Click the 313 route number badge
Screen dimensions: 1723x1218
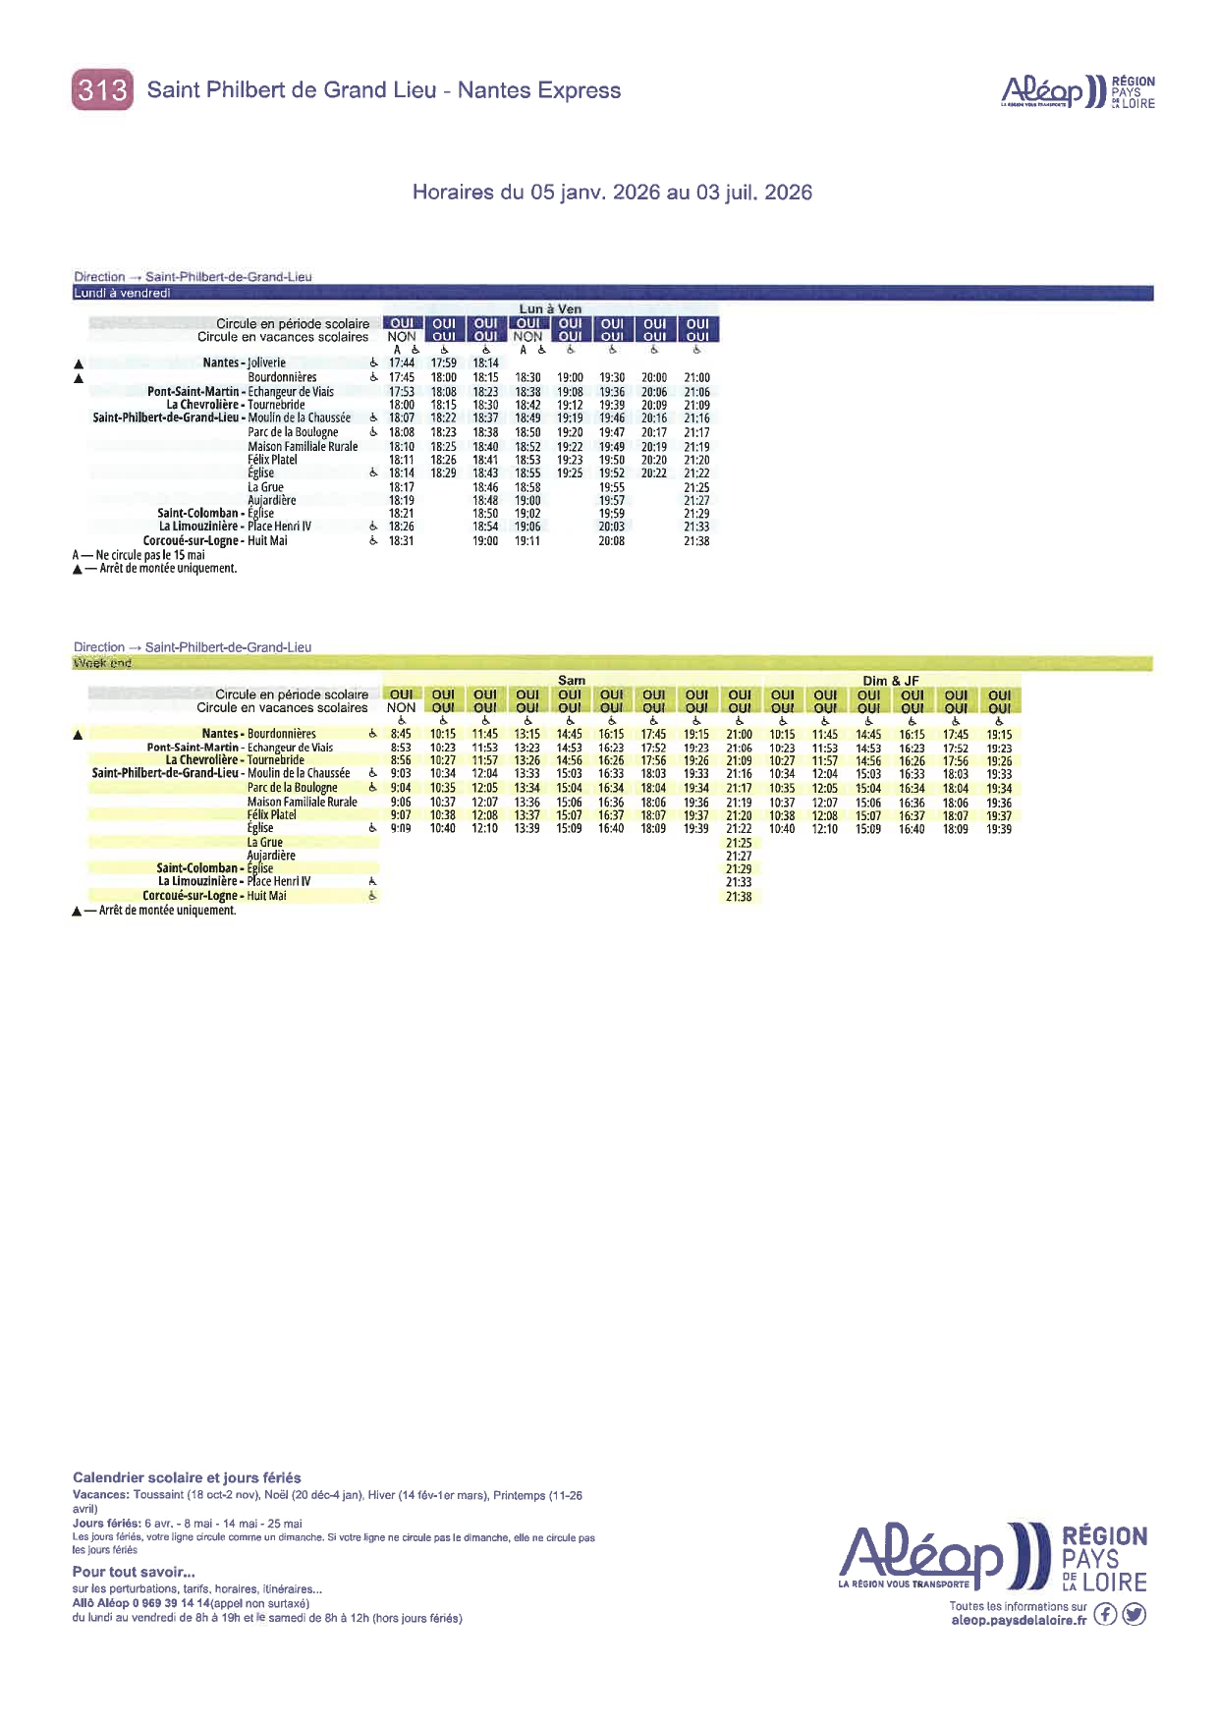102,90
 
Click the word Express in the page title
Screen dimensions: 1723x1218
580,90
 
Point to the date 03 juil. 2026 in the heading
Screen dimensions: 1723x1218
754,193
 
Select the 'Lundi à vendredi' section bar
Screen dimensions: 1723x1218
122,293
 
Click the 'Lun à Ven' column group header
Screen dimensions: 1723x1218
550,308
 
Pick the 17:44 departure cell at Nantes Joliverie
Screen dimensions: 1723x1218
402,362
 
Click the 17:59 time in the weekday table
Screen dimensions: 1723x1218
444,362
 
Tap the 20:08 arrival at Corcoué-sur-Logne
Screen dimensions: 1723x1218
612,540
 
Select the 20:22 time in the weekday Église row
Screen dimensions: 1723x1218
654,473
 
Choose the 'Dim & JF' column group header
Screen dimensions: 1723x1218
890,680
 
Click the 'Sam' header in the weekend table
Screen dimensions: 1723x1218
571,680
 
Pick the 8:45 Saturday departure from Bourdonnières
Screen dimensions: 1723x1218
401,734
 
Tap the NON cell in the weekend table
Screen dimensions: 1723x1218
401,707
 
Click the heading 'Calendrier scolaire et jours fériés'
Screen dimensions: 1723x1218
187,1477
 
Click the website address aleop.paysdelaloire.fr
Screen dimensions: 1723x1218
1019,1620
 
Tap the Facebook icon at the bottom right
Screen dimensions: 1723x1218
1105,1614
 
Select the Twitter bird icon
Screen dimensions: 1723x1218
1135,1614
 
